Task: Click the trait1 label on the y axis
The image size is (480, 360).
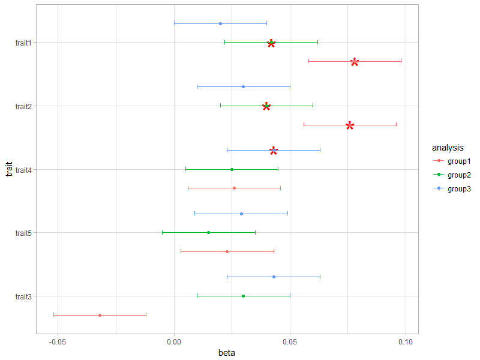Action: pos(24,43)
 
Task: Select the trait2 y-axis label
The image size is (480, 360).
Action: pos(24,106)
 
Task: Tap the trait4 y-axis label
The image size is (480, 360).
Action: pos(24,169)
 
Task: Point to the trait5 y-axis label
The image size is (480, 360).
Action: pos(24,233)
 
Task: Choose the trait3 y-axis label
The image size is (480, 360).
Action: pos(24,296)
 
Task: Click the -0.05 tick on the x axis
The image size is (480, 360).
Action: pos(58,341)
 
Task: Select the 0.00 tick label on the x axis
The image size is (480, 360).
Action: pos(174,341)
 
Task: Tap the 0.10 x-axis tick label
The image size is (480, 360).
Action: pos(406,341)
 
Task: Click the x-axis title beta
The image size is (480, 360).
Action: pos(227,353)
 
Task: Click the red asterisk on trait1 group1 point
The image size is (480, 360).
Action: pos(355,62)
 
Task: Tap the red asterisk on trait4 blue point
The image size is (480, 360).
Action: pos(274,150)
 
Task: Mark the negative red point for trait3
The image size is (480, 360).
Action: pos(100,315)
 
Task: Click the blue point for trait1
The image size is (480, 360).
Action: pos(220,23)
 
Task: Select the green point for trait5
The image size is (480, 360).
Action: pos(208,232)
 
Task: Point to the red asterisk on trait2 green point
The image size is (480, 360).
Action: pos(266,106)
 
